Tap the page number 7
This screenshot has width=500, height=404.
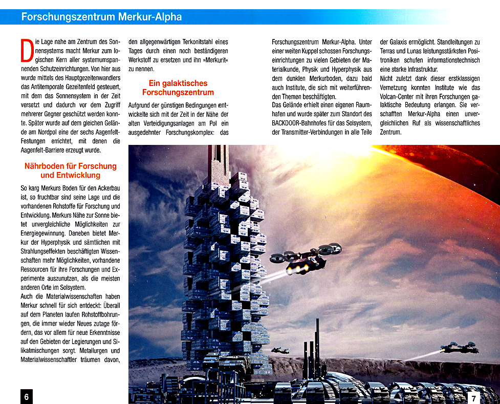(474, 398)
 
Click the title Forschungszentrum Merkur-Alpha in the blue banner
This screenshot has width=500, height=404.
(101, 17)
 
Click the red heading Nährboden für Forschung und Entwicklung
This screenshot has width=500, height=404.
(71, 171)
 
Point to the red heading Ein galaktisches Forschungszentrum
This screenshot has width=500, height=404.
(178, 88)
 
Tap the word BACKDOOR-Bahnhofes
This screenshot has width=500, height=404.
(302, 123)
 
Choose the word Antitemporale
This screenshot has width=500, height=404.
(49, 87)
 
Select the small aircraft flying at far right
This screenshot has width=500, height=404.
(459, 348)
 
